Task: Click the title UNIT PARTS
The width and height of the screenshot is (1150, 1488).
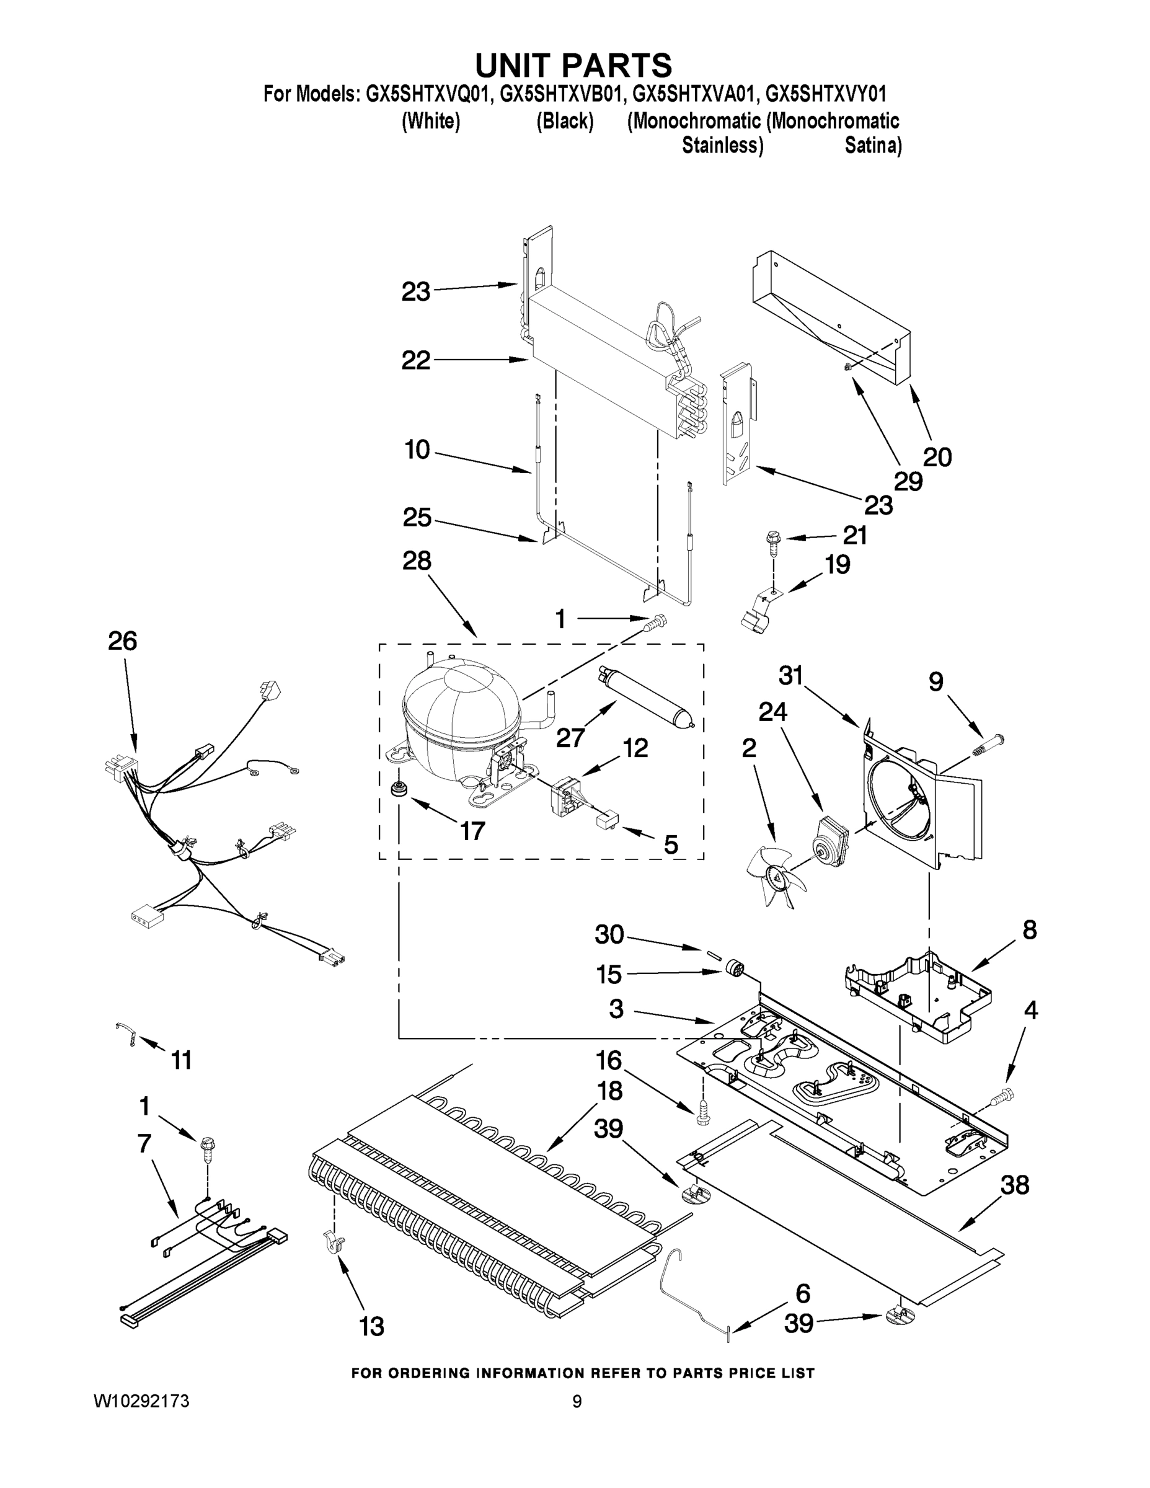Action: click(x=573, y=65)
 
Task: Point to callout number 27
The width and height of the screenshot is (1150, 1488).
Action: click(x=570, y=737)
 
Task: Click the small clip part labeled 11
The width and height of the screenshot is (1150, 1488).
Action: click(x=126, y=1034)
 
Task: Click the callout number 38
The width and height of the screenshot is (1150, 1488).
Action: click(x=1014, y=1185)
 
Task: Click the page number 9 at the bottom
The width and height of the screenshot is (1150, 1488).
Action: click(x=577, y=1401)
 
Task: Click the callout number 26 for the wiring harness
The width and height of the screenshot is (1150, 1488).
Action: click(x=122, y=640)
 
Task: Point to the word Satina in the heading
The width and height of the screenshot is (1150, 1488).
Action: click(x=873, y=145)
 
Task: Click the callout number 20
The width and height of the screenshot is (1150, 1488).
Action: click(x=937, y=456)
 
